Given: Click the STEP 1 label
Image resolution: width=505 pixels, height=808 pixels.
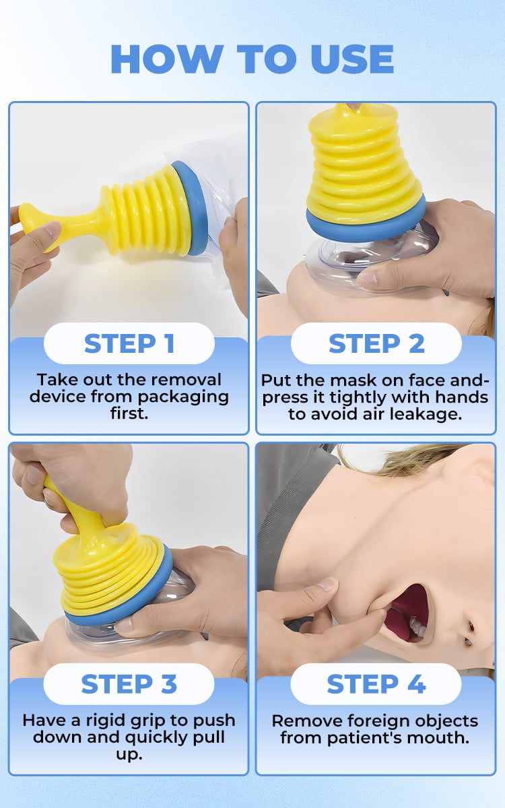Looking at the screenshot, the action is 129,343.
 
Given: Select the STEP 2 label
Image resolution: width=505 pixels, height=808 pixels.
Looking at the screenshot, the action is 376,343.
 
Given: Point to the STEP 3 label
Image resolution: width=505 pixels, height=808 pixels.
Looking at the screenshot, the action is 129,684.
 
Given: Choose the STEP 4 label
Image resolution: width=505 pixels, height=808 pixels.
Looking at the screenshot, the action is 376,684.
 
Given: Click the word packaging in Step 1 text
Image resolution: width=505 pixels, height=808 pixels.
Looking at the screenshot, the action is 183,397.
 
